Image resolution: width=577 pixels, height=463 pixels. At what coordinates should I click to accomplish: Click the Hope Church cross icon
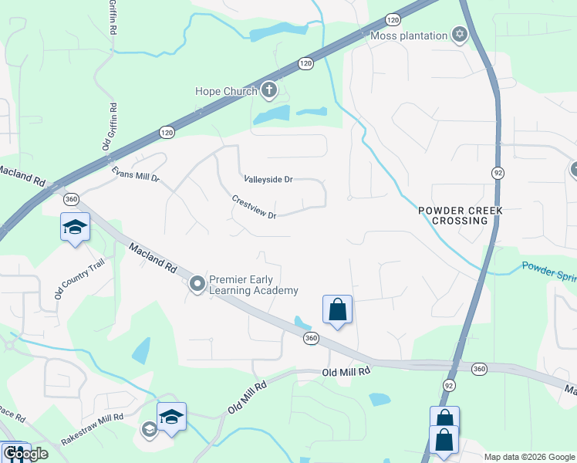[269, 92]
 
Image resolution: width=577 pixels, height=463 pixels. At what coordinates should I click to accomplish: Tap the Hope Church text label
[226, 92]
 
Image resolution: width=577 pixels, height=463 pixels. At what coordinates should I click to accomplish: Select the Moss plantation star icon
[460, 35]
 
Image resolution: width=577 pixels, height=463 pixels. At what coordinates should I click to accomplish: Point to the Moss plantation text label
[409, 35]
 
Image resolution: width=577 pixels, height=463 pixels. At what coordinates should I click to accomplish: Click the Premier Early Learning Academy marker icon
[197, 285]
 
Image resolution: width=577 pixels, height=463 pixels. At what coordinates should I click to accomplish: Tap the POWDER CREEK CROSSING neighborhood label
[454, 215]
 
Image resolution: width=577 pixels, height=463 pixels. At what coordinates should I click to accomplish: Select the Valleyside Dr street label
[268, 179]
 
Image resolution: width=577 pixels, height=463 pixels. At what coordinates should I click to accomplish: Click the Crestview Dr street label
[254, 206]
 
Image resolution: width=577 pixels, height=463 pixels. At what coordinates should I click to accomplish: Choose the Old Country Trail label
[68, 279]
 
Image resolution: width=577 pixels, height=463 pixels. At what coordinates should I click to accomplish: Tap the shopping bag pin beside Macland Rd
[337, 310]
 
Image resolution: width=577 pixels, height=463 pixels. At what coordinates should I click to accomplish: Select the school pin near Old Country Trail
[75, 228]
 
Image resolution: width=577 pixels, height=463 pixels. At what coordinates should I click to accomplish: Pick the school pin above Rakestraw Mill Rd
[171, 417]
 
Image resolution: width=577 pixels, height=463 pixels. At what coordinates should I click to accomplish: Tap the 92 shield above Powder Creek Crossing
[498, 173]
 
